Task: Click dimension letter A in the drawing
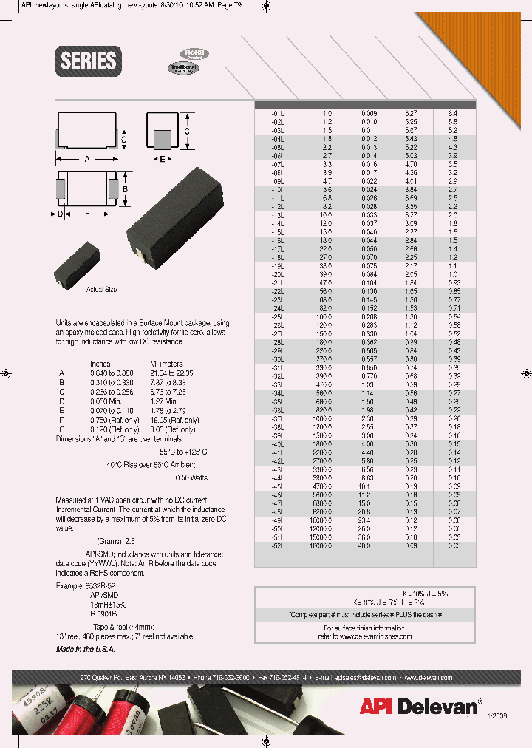pyautogui.click(x=87, y=160)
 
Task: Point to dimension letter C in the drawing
pyautogui.click(x=188, y=130)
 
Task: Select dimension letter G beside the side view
pyautogui.click(x=124, y=138)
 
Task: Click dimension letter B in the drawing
pyautogui.click(x=125, y=188)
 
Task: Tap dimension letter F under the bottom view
pyautogui.click(x=88, y=214)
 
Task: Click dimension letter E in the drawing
pyautogui.click(x=163, y=159)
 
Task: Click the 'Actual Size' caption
pyautogui.click(x=101, y=290)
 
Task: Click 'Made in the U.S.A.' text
pyautogui.click(x=85, y=649)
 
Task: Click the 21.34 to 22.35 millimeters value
pyautogui.click(x=172, y=373)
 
